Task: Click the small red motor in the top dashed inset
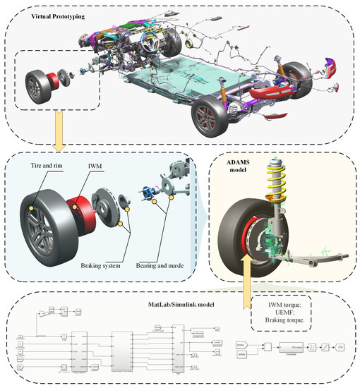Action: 51,83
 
